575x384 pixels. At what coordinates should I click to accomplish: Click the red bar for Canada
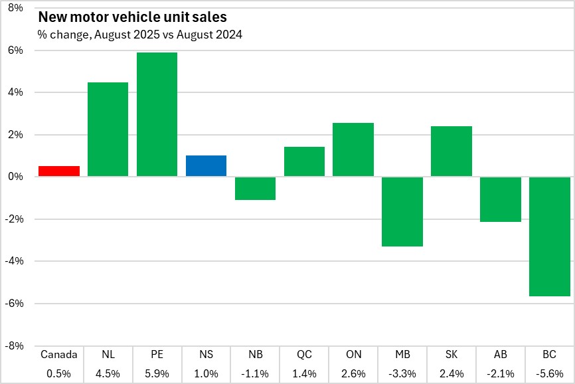pos(59,171)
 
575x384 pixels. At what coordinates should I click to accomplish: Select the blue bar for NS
pos(206,166)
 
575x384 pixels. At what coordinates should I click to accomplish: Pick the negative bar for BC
pos(550,237)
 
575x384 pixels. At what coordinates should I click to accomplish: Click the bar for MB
pos(402,211)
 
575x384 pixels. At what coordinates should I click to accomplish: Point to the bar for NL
pos(108,130)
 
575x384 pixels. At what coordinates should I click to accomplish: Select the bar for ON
pos(353,149)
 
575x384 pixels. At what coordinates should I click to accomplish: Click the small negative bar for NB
pos(255,189)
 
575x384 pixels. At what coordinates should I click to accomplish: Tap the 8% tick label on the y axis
pos(16,8)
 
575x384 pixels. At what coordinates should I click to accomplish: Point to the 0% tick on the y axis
pos(16,177)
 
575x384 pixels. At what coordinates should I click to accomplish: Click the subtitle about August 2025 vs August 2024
pos(140,35)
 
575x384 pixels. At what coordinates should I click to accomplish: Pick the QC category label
pos(304,355)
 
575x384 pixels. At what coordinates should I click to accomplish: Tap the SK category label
pos(452,355)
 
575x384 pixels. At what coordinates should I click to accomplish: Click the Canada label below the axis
pos(59,355)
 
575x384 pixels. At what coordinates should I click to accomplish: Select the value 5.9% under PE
pos(157,373)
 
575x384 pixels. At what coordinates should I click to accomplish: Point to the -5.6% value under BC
pos(550,373)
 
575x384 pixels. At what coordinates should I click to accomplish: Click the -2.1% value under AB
pos(501,373)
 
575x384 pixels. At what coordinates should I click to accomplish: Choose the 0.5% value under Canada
pos(59,373)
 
